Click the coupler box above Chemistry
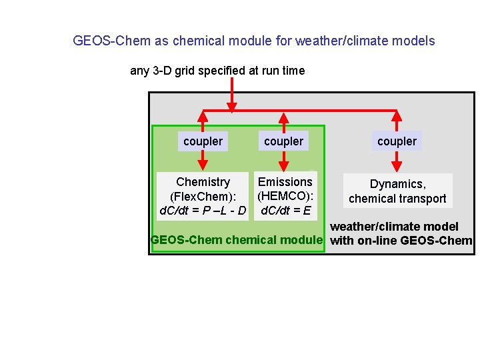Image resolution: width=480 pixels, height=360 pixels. [203, 141]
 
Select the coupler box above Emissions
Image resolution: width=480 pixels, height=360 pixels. [283, 141]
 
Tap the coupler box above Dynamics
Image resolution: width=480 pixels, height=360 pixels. [397, 141]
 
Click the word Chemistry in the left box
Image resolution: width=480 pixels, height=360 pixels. [203, 182]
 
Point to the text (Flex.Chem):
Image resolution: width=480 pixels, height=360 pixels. [203, 197]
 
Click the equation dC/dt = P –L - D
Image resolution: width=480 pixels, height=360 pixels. [203, 212]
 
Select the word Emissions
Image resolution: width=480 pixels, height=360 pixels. [285, 182]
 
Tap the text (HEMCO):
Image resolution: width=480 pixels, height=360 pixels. [285, 197]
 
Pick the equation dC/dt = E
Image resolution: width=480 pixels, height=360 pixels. [285, 211]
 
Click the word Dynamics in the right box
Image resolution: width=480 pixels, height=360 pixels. [397, 184]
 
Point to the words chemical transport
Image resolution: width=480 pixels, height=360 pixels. [397, 199]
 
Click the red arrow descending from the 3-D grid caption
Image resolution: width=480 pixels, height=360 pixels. [232, 93]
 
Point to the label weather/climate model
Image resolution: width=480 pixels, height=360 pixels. [395, 227]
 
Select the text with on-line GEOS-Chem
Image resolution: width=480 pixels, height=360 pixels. [401, 241]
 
